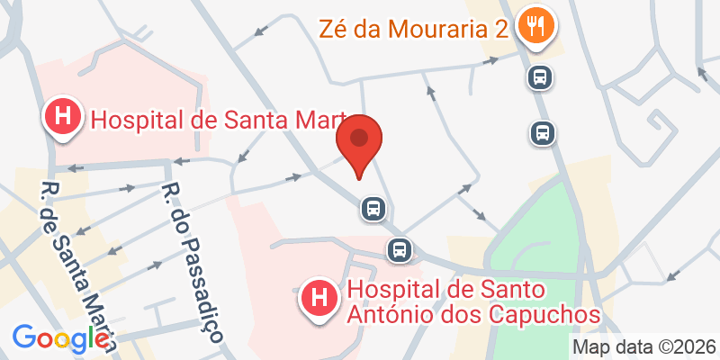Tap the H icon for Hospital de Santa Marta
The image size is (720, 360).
[62, 118]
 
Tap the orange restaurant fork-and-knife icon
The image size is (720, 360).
[536, 28]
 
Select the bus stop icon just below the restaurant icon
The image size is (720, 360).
[539, 77]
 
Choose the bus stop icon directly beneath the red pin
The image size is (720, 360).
[373, 209]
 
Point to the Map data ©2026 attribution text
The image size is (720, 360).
[644, 346]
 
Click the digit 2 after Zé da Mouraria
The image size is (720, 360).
[501, 29]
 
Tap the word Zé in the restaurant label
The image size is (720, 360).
[332, 29]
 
